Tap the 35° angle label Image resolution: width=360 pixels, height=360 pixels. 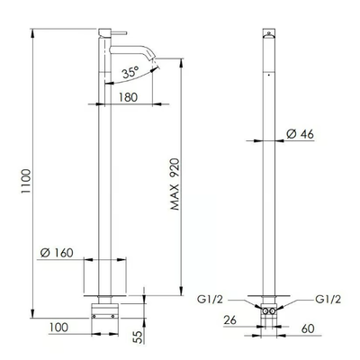point(130,72)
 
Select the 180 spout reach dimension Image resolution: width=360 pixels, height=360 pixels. point(128,97)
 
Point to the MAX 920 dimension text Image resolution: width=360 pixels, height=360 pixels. point(175,184)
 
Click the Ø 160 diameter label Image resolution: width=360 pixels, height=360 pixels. point(57,253)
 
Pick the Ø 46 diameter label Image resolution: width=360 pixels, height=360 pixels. point(300,134)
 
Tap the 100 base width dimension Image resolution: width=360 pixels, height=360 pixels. point(58,327)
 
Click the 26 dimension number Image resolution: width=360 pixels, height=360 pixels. point(230,320)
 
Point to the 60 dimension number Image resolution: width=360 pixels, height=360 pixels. point(308,328)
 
